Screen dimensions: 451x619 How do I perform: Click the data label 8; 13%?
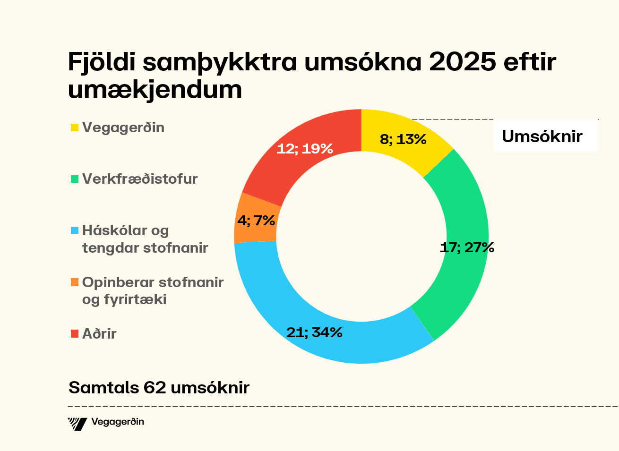click(403, 139)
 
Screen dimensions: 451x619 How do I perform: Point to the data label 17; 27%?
click(466, 247)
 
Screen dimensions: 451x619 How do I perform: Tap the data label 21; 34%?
click(314, 332)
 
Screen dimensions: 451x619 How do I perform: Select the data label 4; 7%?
click(256, 221)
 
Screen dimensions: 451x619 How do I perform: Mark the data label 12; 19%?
click(305, 149)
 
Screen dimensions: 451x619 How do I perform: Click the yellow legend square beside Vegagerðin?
click(74, 128)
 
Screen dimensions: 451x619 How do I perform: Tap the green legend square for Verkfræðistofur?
click(74, 179)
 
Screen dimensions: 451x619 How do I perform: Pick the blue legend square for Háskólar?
click(74, 231)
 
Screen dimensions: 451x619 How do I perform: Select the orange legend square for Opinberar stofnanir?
click(74, 282)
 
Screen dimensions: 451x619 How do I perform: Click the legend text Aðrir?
click(99, 334)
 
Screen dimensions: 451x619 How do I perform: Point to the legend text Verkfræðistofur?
click(140, 179)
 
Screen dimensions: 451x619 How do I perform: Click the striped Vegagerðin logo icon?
click(77, 424)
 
